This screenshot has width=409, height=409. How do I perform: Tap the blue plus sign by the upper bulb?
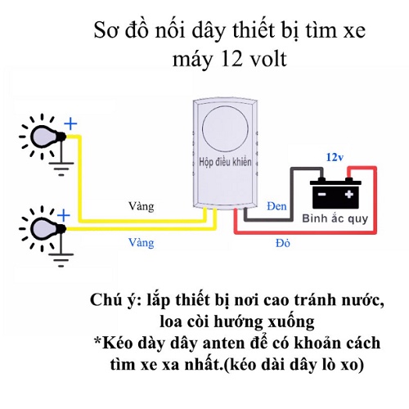70,124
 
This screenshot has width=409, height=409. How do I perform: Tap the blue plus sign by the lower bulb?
64,216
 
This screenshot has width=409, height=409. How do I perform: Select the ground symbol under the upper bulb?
61,169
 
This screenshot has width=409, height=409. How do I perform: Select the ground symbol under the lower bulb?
61,260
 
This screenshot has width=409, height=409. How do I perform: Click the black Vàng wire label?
142,206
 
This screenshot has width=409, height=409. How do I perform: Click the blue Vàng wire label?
142,243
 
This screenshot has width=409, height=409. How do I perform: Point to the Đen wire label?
276,206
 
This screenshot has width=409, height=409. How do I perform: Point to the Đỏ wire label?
283,243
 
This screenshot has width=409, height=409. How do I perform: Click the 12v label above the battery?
335,157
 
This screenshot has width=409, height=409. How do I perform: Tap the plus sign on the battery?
349,194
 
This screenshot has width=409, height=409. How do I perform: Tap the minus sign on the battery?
322,194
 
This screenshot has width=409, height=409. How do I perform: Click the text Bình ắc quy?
335,218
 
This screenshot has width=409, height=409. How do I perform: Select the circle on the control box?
225,128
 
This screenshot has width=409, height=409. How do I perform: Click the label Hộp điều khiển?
225,162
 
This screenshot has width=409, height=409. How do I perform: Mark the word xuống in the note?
291,322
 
